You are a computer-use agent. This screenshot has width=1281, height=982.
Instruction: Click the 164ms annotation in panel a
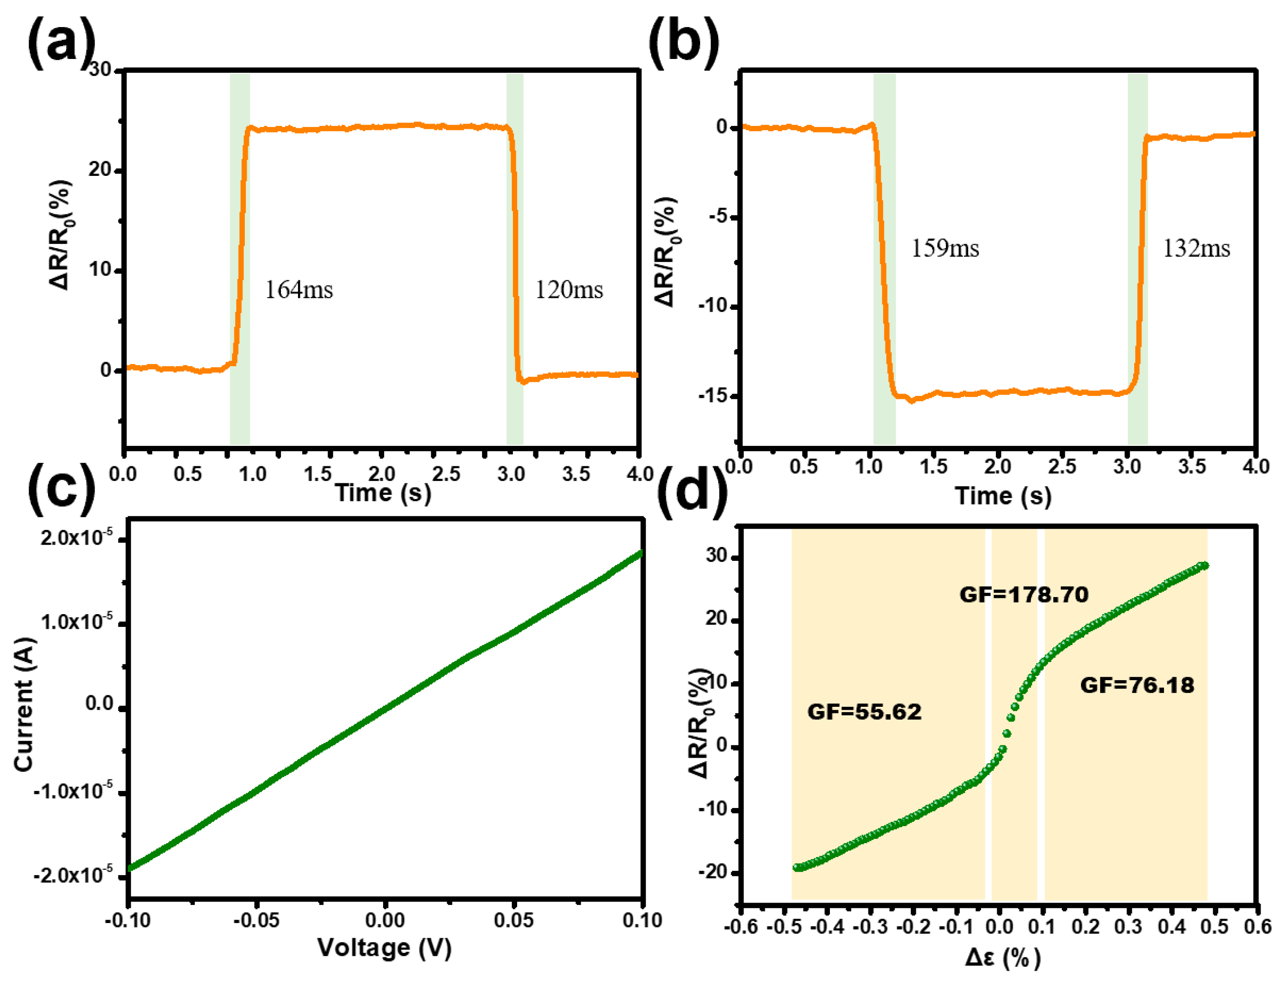point(299,289)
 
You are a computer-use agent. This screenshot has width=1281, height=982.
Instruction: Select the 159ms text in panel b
point(944,249)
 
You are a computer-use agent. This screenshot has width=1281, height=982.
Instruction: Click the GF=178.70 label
point(1024,595)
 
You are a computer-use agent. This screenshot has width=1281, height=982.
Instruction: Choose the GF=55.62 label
point(864,712)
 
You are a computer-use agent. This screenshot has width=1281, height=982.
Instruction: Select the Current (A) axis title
point(25,704)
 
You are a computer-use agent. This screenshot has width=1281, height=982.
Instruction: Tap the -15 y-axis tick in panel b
point(713,396)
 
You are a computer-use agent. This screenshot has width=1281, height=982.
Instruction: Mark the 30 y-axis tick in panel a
point(100,69)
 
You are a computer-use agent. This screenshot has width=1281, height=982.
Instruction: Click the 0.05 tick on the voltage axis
point(513,920)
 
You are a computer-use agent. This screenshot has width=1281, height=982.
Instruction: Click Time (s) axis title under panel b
point(1003,496)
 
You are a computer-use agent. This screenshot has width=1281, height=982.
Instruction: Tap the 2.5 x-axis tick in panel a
point(446,473)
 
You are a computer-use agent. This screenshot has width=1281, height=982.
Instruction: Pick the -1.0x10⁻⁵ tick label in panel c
point(73,790)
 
